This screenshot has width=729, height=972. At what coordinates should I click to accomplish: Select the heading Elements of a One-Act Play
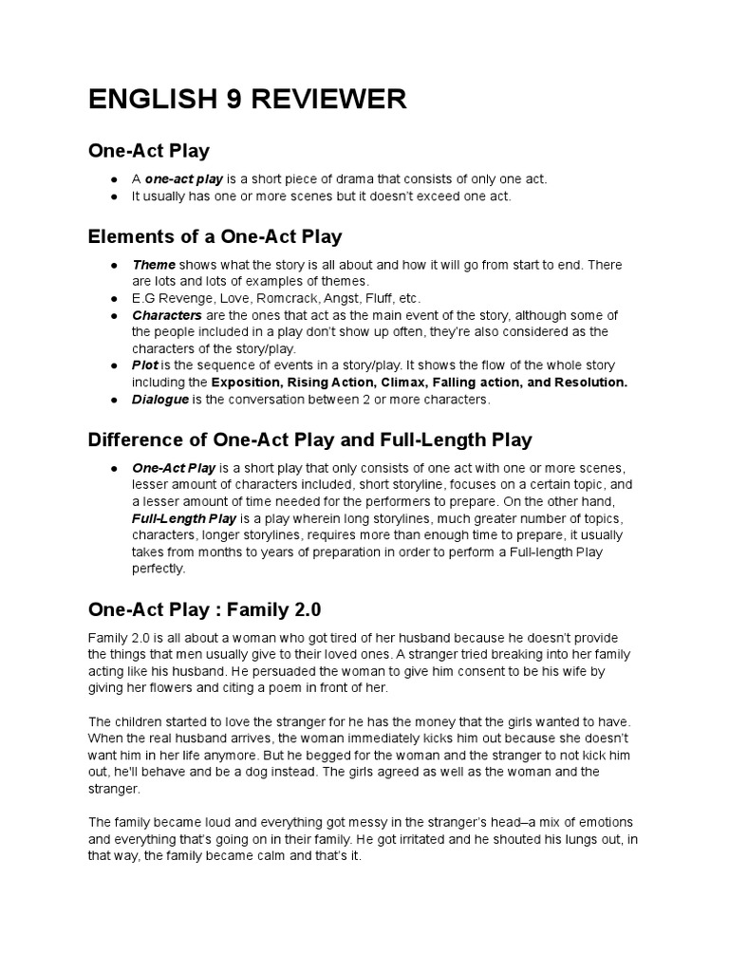pos(215,236)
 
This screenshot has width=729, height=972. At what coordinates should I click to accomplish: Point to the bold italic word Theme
pos(154,265)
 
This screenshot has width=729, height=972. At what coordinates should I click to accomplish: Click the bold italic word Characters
pos(167,315)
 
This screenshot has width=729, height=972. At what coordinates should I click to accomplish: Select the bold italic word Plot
pos(145,365)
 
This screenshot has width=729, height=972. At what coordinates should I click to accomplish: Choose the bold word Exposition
pos(250,383)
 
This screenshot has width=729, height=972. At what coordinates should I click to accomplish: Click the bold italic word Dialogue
pos(160,400)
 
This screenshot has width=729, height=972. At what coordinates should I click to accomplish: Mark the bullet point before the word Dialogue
pos(113,400)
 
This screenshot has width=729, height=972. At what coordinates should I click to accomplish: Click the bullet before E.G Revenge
pos(113,298)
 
